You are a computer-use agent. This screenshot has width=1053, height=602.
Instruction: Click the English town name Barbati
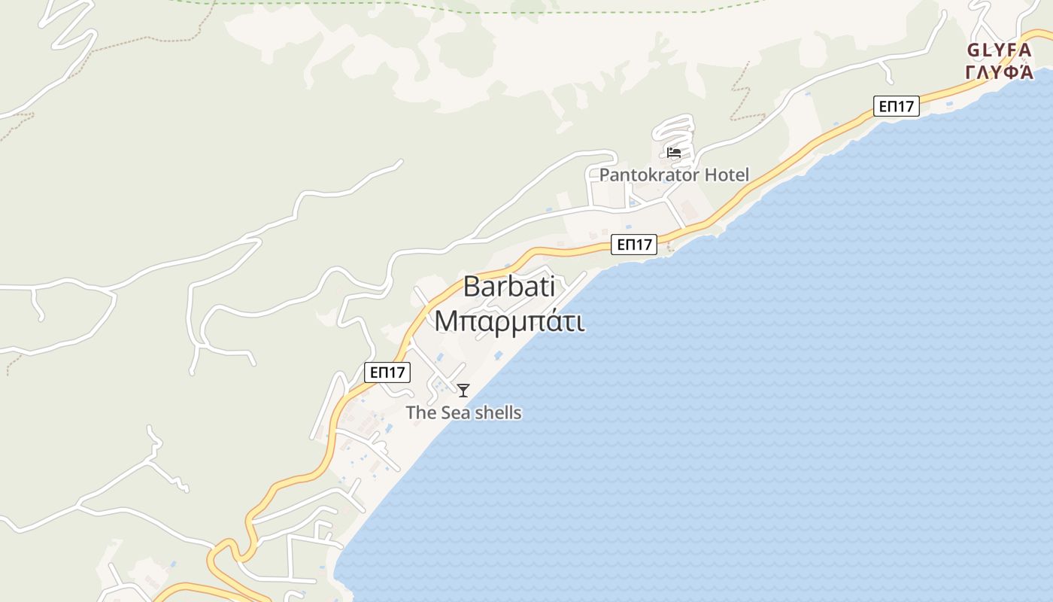508,287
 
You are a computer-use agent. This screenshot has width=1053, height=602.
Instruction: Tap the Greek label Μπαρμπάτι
509,321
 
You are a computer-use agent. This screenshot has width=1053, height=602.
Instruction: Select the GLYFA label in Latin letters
999,50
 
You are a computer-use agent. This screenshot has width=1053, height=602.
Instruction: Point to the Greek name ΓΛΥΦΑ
999,72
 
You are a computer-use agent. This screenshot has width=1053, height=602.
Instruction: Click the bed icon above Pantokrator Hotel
674,153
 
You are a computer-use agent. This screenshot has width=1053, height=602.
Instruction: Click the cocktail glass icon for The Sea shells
463,391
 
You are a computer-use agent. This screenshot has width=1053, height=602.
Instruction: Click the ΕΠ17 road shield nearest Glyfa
897,106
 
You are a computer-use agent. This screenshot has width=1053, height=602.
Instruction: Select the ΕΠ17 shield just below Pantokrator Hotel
633,245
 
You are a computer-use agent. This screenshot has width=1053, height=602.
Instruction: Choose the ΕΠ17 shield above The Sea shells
387,372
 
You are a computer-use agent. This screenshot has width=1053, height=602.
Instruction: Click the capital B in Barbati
472,287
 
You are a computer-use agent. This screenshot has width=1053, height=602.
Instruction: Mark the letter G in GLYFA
973,50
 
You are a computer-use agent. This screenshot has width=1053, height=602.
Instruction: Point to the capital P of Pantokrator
605,175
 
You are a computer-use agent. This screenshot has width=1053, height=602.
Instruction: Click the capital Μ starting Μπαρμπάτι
446,321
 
